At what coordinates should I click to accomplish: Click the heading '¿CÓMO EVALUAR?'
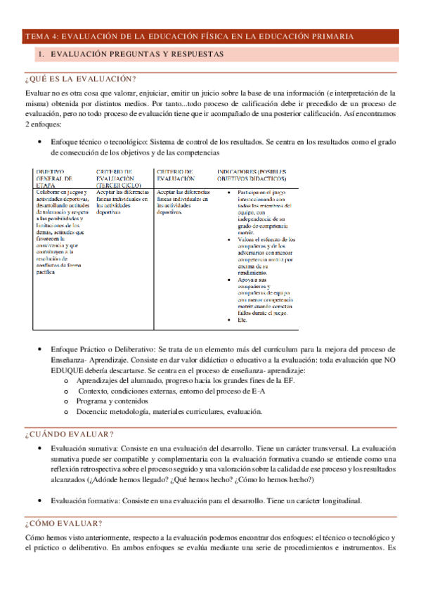coord(63,524)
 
